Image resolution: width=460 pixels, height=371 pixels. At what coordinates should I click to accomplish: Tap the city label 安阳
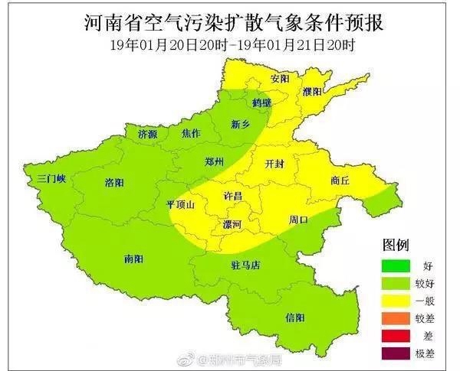pyautogui.click(x=281, y=79)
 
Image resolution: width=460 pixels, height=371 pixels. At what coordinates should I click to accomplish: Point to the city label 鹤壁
pyautogui.click(x=262, y=101)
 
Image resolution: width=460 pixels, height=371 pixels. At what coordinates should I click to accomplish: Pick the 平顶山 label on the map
pyautogui.click(x=181, y=205)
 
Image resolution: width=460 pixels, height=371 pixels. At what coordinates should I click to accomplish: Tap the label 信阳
pyautogui.click(x=294, y=317)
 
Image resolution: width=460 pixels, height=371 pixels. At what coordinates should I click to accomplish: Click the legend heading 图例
pyautogui.click(x=396, y=245)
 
